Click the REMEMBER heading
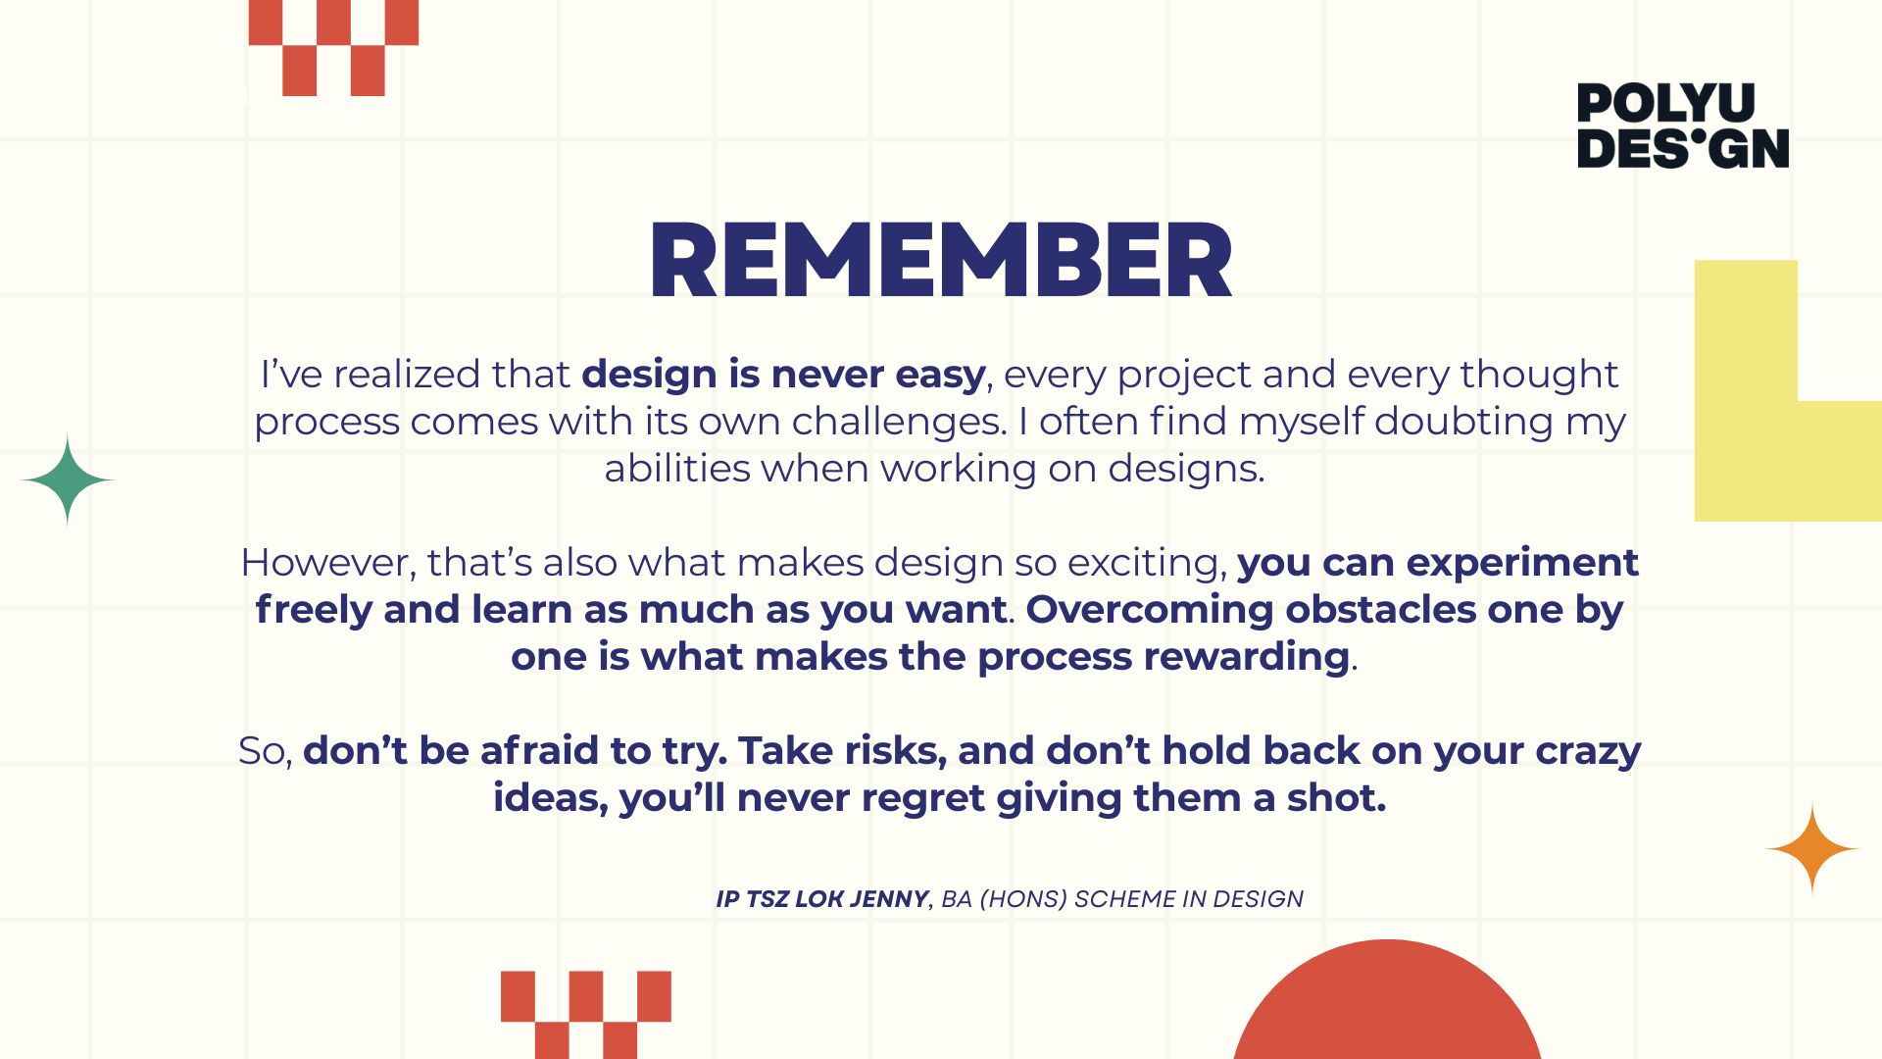(x=940, y=260)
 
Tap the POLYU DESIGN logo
(x=1683, y=126)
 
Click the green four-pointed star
(x=67, y=479)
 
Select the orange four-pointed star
(x=1812, y=849)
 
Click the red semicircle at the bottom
(x=1387, y=1005)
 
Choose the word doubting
(x=1463, y=423)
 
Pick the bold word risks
(x=895, y=751)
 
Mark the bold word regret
(x=922, y=799)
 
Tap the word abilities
(x=677, y=468)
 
